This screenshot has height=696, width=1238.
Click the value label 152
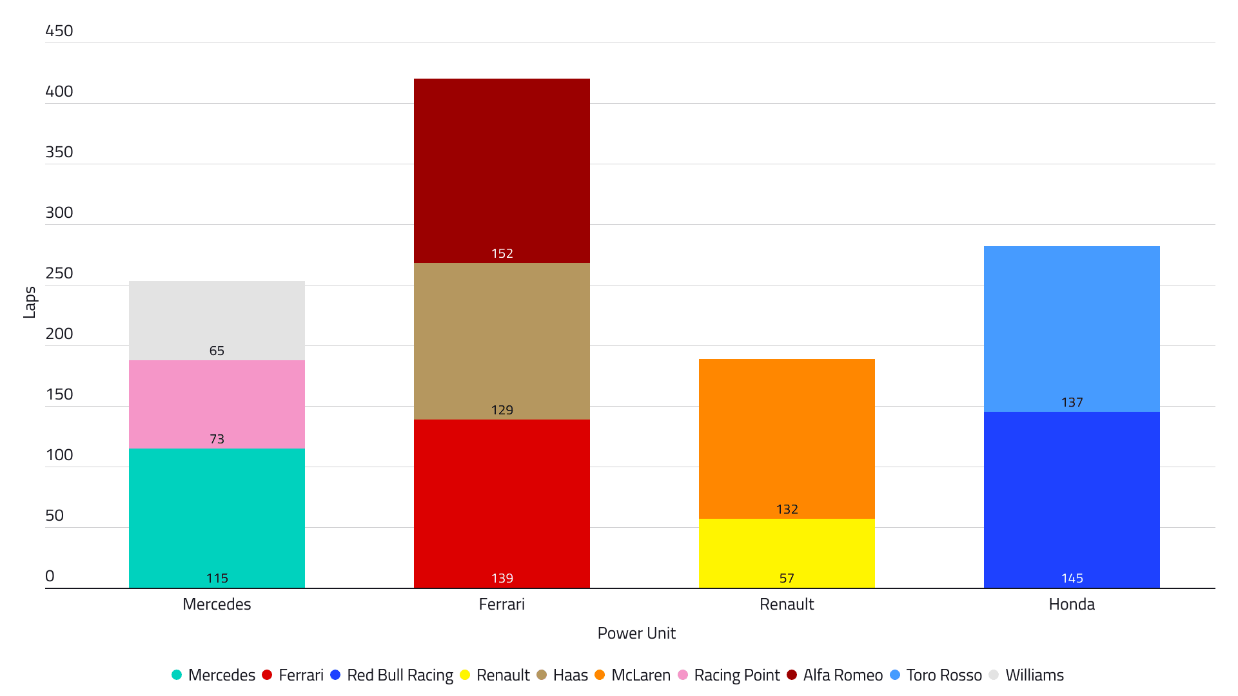pyautogui.click(x=502, y=253)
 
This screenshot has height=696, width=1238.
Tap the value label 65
pyautogui.click(x=217, y=351)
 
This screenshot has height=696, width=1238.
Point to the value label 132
pyautogui.click(x=787, y=509)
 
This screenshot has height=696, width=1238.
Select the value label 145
pyautogui.click(x=1072, y=578)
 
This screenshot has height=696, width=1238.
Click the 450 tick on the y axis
pyautogui.click(x=59, y=31)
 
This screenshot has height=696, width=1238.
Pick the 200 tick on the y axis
pyautogui.click(x=59, y=334)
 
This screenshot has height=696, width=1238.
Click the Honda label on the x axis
pyautogui.click(x=1072, y=604)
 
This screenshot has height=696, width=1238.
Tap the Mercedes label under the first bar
pyautogui.click(x=217, y=604)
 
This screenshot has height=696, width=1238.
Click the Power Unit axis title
pyautogui.click(x=636, y=633)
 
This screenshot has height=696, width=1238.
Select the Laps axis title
pyautogui.click(x=30, y=303)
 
